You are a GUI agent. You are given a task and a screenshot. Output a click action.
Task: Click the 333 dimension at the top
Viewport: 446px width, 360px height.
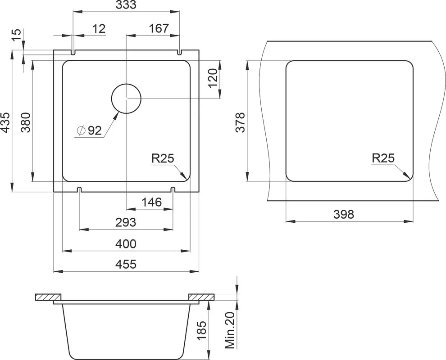(x=126, y=4)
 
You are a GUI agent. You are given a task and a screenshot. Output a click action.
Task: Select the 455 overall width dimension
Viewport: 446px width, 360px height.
(x=126, y=264)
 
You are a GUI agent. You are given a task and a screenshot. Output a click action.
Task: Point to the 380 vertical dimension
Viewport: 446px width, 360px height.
(x=26, y=122)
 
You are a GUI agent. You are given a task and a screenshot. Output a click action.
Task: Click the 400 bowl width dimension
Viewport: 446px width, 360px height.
(x=126, y=244)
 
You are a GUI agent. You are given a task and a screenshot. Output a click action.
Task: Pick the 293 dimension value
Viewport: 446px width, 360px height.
(x=126, y=222)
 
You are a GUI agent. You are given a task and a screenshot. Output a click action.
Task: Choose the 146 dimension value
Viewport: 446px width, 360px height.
(x=152, y=202)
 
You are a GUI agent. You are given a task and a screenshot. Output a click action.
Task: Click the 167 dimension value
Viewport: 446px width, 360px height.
(x=159, y=28)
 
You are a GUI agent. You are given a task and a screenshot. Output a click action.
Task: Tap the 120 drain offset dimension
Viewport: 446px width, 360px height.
(x=213, y=78)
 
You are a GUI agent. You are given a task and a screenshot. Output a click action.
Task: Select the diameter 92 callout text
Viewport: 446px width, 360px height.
(x=89, y=130)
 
